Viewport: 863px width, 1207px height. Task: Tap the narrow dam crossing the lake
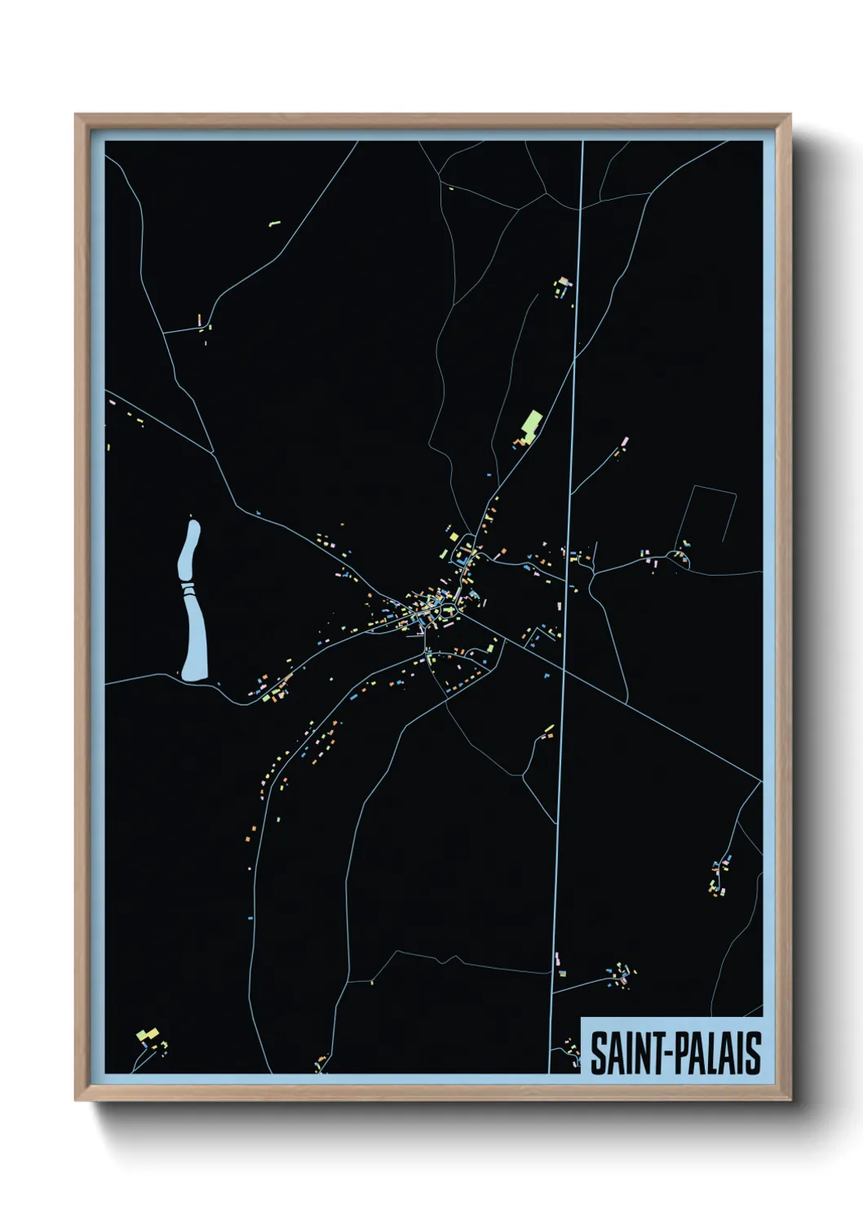[x=188, y=585]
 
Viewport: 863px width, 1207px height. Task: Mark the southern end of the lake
[x=196, y=677]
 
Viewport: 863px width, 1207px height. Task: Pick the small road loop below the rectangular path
[x=679, y=558]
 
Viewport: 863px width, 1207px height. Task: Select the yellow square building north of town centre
[x=454, y=537]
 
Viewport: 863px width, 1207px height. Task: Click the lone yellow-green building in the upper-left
[x=275, y=222]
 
